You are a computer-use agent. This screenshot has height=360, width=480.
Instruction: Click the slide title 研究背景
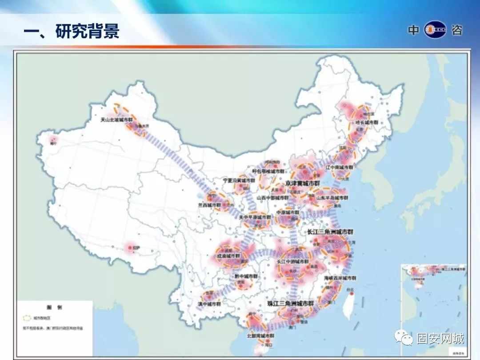pyautogui.click(x=71, y=32)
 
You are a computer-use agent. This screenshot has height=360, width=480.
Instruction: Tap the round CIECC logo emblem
pyautogui.click(x=435, y=30)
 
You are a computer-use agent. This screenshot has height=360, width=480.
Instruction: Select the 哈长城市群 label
pyautogui.click(x=367, y=122)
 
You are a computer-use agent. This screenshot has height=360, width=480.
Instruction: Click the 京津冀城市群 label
pyautogui.click(x=303, y=183)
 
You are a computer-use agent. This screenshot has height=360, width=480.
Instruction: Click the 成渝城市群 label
pyautogui.click(x=228, y=256)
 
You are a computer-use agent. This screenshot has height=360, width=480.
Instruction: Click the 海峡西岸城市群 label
pyautogui.click(x=340, y=278)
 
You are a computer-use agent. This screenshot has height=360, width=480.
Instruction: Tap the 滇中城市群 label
pyautogui.click(x=209, y=304)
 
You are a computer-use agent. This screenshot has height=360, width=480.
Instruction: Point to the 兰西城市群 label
pyautogui.click(x=209, y=205)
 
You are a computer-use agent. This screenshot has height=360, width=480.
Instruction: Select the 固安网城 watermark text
pyautogui.click(x=440, y=339)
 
